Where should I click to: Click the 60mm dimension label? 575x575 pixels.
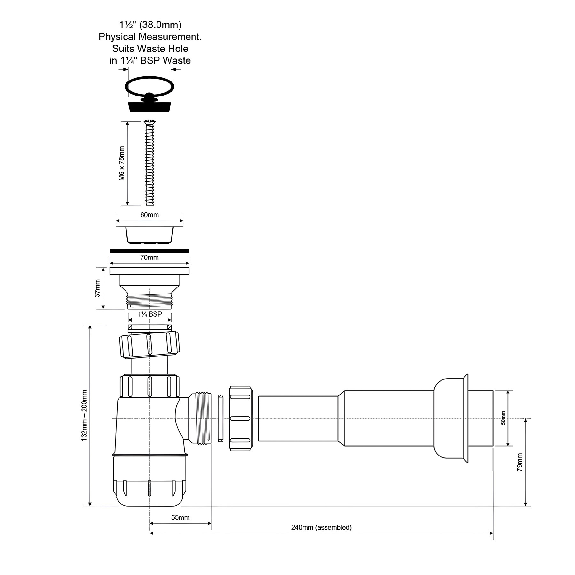tap(149, 215)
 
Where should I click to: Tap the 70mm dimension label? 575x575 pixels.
tap(149, 257)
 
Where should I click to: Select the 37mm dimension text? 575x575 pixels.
tap(98, 288)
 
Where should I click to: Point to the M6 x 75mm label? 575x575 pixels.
tap(122, 163)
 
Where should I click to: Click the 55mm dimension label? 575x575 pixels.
tap(180, 517)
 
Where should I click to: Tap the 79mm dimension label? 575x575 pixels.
tap(520, 462)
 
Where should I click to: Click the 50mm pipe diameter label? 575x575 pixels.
tap(503, 418)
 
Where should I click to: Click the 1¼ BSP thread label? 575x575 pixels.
tap(150, 314)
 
